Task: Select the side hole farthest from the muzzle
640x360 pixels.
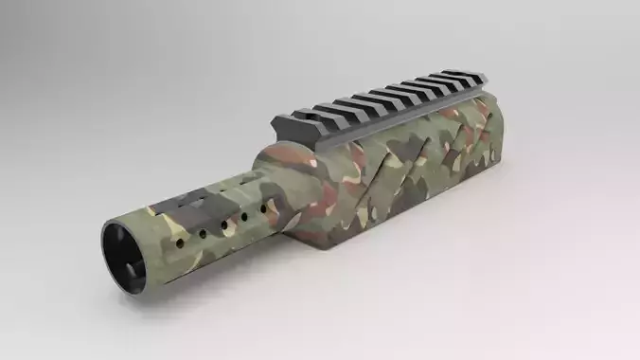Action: (x=243, y=217)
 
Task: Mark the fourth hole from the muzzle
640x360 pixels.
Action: (x=228, y=223)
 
